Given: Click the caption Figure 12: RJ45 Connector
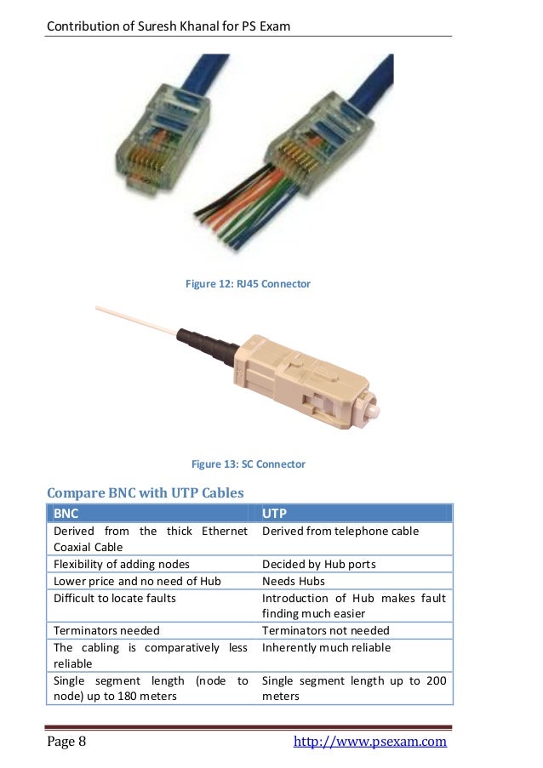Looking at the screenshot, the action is (x=248, y=284).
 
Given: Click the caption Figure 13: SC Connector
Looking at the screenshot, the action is (x=248, y=464).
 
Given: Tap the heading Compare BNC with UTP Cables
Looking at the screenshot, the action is (x=146, y=492).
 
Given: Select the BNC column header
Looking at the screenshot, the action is (x=66, y=514).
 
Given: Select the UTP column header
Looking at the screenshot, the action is (x=274, y=514).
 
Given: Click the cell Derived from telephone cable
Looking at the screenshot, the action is (x=340, y=532).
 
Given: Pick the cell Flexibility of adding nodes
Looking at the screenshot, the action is (x=122, y=564).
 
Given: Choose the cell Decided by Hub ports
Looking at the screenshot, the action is (x=319, y=564).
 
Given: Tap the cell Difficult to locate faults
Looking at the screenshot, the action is (x=115, y=598).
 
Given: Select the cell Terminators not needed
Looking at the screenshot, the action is (x=326, y=630).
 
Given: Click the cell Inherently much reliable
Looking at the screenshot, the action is (x=327, y=647).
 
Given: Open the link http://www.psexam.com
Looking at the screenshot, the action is (x=369, y=742).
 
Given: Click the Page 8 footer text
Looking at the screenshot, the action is (x=66, y=742).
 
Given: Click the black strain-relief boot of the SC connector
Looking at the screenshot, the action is (x=204, y=344).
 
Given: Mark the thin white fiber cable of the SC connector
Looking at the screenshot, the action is (x=136, y=319).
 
